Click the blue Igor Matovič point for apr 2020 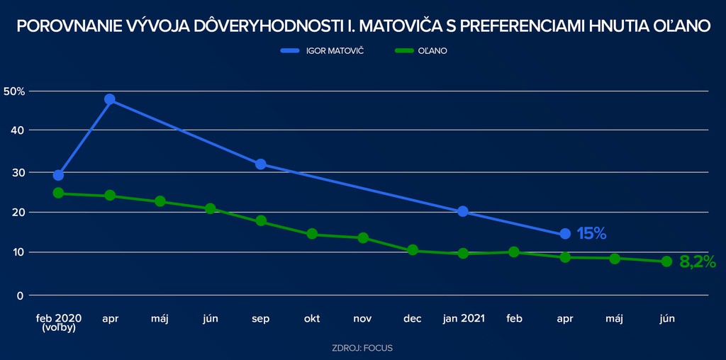coord(110,99)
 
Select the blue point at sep coord(261,164)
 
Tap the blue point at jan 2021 coord(463,211)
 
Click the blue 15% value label coord(591,234)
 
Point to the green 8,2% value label coord(697,261)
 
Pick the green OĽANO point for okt coord(312,234)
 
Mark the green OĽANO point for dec coord(413,250)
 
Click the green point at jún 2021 coord(666,261)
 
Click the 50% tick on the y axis coord(14,91)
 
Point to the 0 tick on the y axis coord(20,296)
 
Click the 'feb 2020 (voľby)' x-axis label coord(59,323)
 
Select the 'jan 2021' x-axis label coord(463,319)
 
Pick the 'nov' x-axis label coord(363,319)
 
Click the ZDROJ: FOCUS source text coord(362,348)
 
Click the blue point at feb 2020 coord(59,175)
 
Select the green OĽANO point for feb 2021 coord(514,252)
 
